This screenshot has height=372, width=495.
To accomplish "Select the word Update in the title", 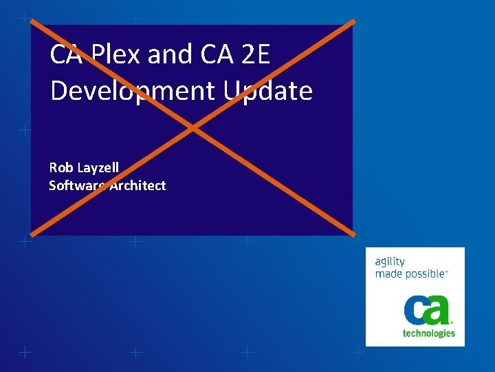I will pos(267,91).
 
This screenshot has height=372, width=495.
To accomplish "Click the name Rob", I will pos(60,167).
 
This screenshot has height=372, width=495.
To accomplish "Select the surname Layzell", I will pos(98,167).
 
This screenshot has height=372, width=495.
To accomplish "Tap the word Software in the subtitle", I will pos(76,185).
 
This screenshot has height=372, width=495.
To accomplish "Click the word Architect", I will pos(137,185).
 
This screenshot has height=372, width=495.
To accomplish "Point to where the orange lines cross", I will pos(193,127).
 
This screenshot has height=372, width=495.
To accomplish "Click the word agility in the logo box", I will pos(390,262).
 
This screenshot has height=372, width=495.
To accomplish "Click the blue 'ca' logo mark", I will pos(426,310).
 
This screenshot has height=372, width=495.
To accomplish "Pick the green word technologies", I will pos(428,333).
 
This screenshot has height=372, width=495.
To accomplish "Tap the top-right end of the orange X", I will pos(353,21).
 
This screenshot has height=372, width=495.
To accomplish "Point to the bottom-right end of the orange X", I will pos(353,234).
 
